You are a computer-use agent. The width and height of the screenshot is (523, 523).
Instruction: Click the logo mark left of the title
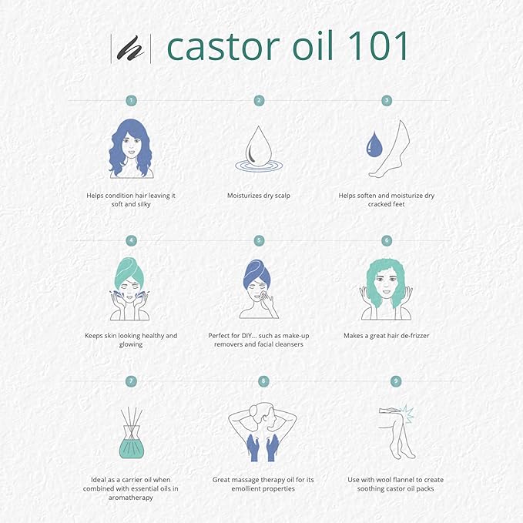pos(132,48)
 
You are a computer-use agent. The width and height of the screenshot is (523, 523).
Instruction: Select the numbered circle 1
pos(132,100)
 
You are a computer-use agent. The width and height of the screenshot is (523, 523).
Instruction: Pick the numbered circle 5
pos(259,240)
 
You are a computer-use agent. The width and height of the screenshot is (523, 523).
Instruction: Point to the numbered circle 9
pos(387,381)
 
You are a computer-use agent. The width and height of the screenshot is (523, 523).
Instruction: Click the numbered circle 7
pos(132,381)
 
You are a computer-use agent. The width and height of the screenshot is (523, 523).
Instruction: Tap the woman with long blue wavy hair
pos(131,148)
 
